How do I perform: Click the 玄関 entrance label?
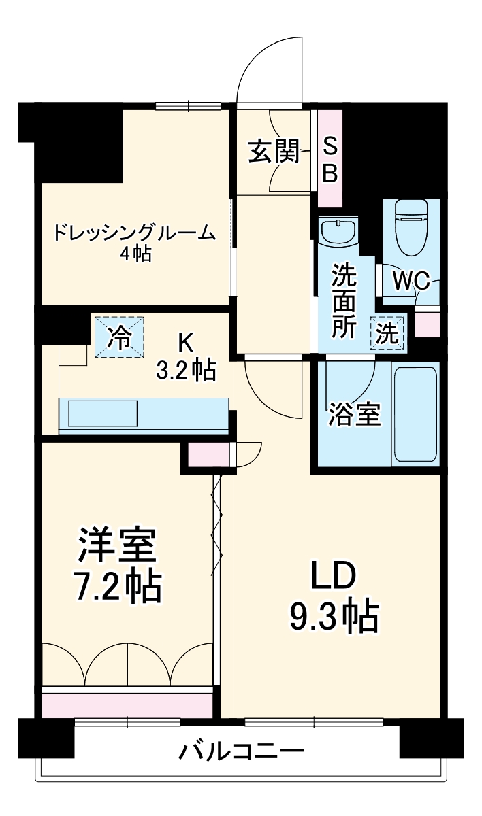(273, 152)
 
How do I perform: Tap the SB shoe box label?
(330, 160)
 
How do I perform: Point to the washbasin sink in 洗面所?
(338, 231)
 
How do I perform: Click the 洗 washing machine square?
(387, 334)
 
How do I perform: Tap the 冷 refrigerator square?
(120, 337)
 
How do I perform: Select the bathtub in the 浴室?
(414, 415)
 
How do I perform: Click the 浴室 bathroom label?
(354, 414)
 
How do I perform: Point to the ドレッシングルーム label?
(134, 233)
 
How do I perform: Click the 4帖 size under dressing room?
(134, 254)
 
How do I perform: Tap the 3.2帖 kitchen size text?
(186, 370)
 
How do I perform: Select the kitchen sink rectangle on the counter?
(103, 413)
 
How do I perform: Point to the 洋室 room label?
(117, 545)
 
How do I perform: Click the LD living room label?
(334, 577)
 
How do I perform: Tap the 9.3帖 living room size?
(334, 616)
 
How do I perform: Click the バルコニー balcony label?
(241, 752)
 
